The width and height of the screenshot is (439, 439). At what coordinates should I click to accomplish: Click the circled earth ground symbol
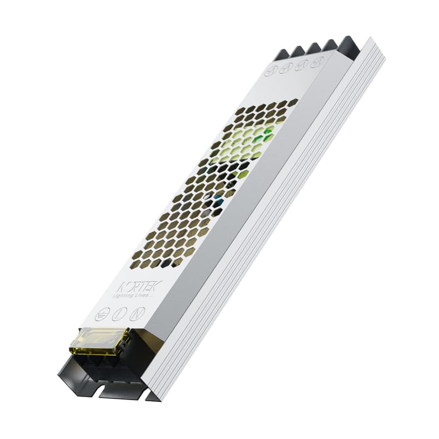pyautogui.click(x=102, y=313)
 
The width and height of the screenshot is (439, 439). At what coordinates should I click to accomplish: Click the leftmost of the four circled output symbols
pyautogui.click(x=271, y=69)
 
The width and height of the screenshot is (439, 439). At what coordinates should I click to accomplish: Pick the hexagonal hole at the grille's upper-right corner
pyautogui.click(x=293, y=101)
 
